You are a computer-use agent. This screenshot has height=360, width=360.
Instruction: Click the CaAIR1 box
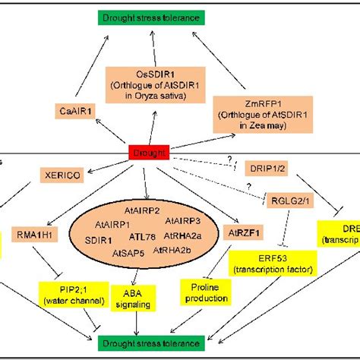tap(77, 112)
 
